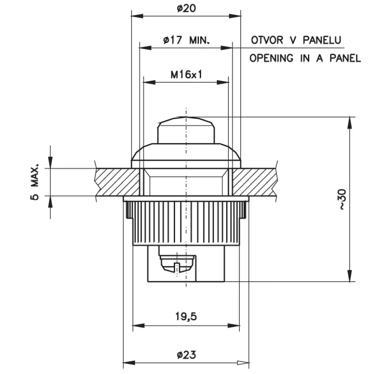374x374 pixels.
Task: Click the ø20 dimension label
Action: coord(186,8)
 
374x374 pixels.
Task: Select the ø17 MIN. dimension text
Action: coord(186,40)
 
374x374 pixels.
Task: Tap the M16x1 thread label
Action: coord(186,74)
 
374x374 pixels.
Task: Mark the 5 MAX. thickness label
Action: coord(35,182)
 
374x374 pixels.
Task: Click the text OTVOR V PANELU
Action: coord(297,40)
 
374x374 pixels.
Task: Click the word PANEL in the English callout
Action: coord(345,58)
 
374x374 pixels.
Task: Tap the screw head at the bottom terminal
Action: coord(177,263)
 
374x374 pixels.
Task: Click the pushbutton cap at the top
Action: coord(186,130)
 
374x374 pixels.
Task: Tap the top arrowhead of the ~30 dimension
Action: coord(350,123)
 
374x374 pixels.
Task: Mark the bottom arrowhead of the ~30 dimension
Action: coord(350,275)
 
